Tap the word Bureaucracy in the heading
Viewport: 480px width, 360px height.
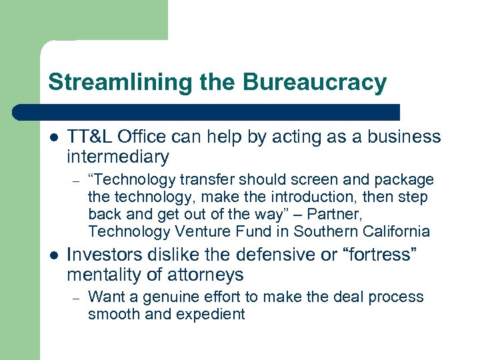tap(315, 83)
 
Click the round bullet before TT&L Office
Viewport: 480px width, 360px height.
tap(53, 137)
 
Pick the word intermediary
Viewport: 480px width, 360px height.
tap(118, 157)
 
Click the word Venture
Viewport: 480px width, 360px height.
tap(204, 232)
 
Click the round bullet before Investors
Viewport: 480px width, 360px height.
tap(53, 255)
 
